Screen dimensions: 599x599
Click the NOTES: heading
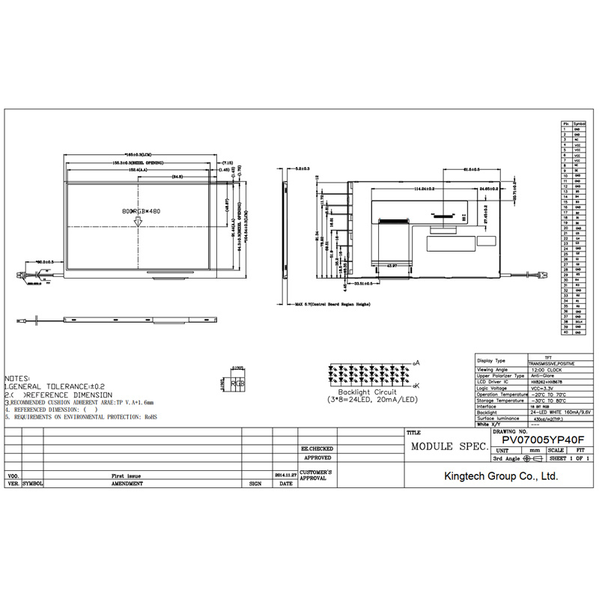(18, 379)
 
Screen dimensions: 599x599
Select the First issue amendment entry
(126, 475)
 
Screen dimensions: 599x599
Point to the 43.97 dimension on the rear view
(391, 267)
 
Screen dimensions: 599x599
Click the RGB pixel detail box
(238, 383)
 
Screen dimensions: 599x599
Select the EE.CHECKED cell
(316, 449)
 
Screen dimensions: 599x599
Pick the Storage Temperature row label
(500, 401)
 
